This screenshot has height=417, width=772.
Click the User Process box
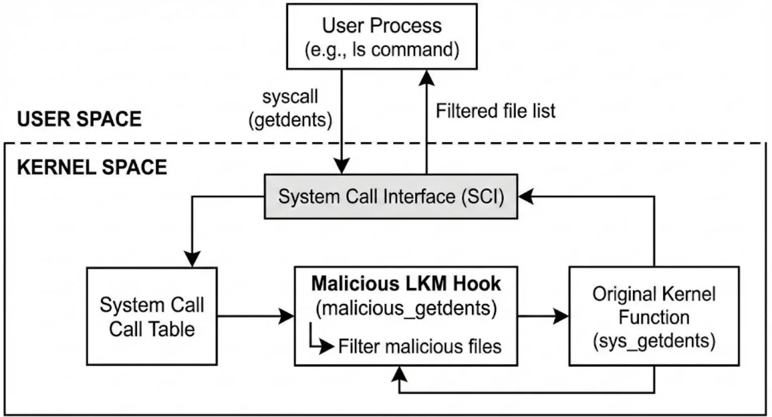(x=382, y=37)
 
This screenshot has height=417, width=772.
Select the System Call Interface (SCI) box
(x=391, y=196)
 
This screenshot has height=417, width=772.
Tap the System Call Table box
(x=152, y=316)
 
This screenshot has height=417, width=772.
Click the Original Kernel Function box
(x=654, y=316)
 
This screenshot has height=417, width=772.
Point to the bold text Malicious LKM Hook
(x=406, y=284)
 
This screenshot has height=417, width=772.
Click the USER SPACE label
(x=80, y=119)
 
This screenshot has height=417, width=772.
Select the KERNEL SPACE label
(x=92, y=167)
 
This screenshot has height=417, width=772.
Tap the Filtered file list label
(x=496, y=111)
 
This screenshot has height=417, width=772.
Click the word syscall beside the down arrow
(x=290, y=97)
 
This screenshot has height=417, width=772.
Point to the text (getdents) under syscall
(x=290, y=120)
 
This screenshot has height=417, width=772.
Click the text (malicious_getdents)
(x=406, y=308)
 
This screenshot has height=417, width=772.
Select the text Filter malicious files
(x=420, y=346)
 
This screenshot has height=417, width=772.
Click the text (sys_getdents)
(x=654, y=341)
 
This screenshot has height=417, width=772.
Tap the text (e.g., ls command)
(x=382, y=50)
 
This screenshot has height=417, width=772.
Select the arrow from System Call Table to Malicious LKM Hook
(x=256, y=316)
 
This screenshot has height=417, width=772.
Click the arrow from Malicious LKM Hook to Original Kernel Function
(x=543, y=316)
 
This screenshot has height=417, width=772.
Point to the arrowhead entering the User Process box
(x=427, y=78)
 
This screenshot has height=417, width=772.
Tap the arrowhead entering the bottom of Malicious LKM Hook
(x=400, y=374)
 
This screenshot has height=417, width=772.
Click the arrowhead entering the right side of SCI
(x=526, y=196)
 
